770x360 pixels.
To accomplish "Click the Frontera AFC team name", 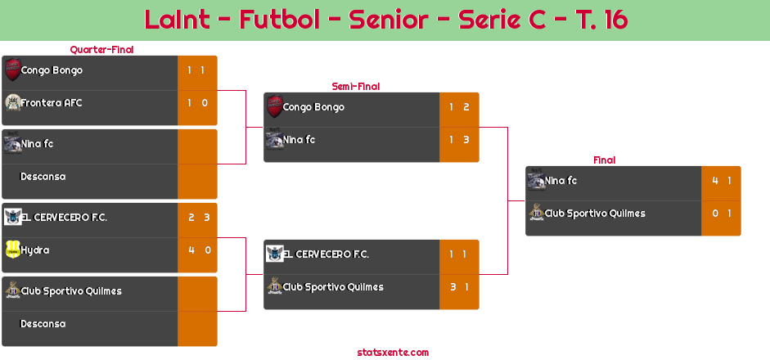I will click(x=52, y=103).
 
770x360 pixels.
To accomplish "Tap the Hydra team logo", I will click(x=12, y=250).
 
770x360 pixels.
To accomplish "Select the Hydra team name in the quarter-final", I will click(x=35, y=250).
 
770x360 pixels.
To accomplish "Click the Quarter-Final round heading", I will click(x=101, y=50).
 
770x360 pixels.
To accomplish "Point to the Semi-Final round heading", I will click(x=354, y=87).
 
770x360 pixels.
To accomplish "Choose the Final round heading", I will click(x=603, y=160).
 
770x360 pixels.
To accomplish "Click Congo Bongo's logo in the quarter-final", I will click(x=12, y=70).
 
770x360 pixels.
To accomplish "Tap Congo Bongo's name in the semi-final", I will click(x=313, y=107).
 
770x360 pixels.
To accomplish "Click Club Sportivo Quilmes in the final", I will click(x=595, y=214).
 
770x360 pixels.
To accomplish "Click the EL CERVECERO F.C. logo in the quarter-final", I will click(x=12, y=217).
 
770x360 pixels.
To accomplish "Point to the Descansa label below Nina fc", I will click(x=43, y=177).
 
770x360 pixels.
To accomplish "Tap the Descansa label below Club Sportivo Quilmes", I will click(x=43, y=324).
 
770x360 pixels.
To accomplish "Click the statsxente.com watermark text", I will click(x=393, y=353).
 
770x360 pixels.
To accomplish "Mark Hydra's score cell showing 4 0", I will click(x=197, y=250).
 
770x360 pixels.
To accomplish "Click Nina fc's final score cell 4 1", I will click(x=721, y=181).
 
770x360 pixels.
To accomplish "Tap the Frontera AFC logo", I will click(x=12, y=102).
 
